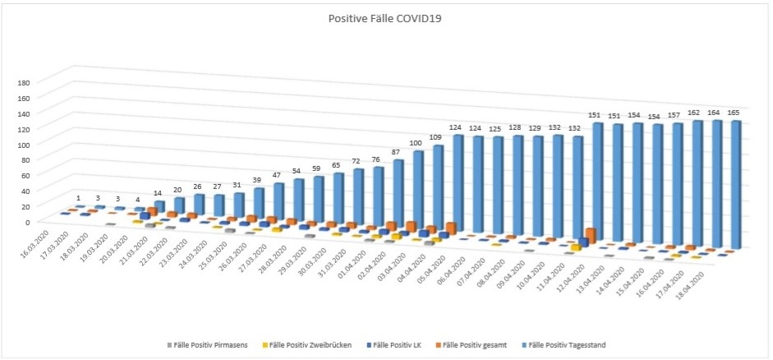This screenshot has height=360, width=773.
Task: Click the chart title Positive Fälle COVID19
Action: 386,17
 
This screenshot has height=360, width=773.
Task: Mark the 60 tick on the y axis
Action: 25,175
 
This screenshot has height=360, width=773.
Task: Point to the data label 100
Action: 416,143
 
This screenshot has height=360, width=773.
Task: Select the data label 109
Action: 436,135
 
